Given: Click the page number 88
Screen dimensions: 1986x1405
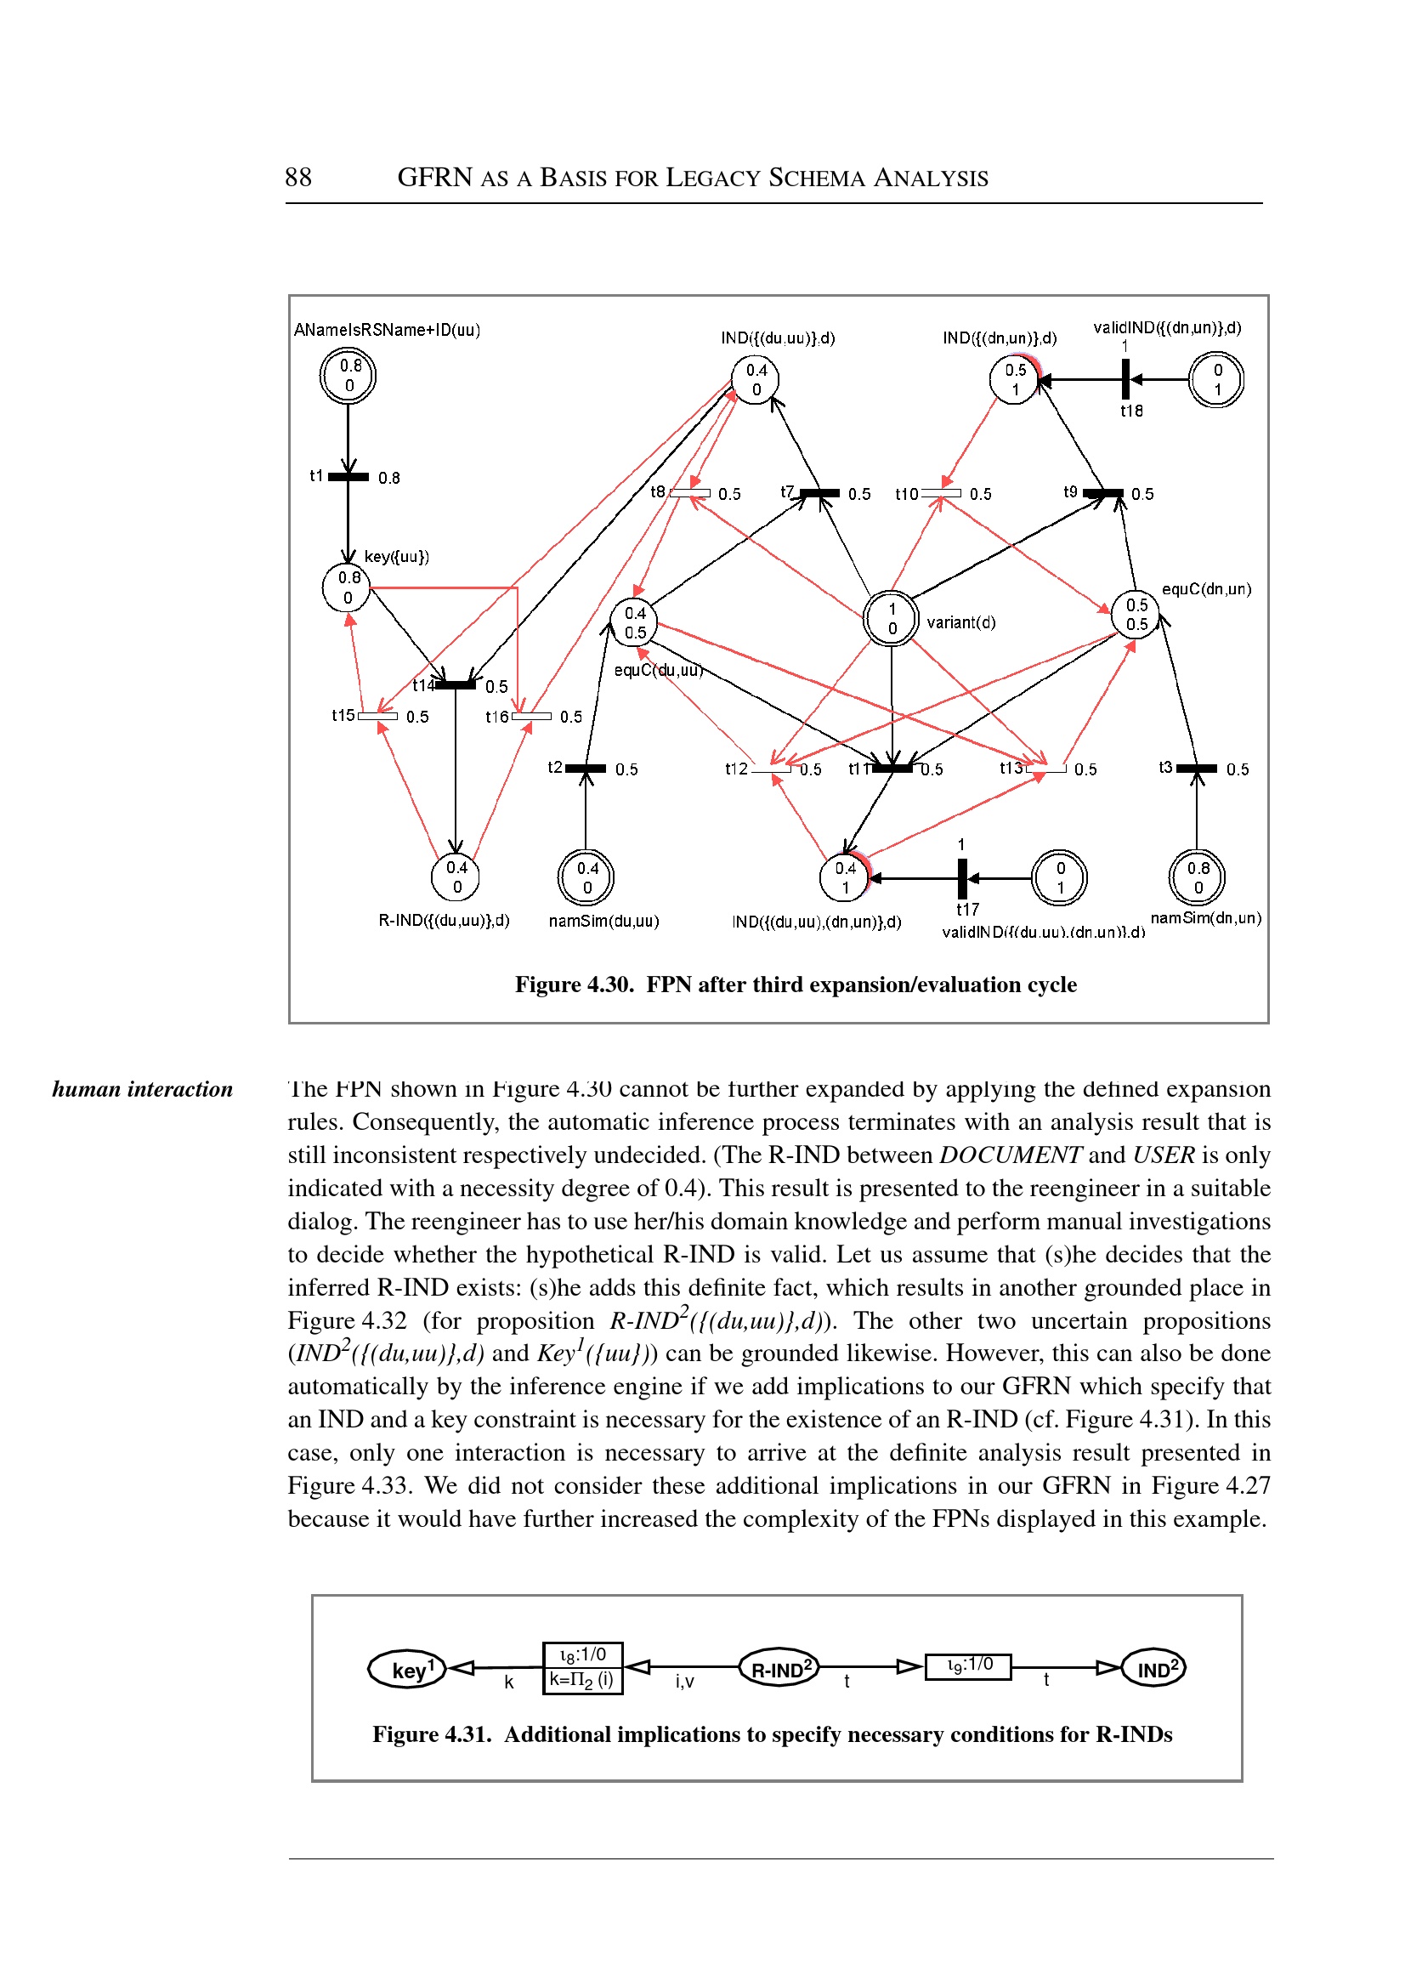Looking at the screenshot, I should pos(297,178).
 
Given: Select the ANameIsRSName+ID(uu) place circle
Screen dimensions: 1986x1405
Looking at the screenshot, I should pos(348,376).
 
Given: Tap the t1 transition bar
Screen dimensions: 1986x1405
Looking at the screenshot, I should pos(348,477).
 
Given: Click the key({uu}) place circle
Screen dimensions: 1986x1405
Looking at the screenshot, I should pos(347,587).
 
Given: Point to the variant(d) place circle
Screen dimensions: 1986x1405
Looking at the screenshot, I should pos(891,618).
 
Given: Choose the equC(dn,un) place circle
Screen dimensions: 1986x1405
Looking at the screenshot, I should pos(1135,615).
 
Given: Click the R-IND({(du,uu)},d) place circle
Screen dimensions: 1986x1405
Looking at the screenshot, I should pos(456,877).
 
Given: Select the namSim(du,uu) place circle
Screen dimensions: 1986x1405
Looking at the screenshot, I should pos(586,877).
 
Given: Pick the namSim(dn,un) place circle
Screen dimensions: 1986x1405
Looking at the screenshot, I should pos(1197,877).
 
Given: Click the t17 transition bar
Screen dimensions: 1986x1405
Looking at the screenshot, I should pos(962,878).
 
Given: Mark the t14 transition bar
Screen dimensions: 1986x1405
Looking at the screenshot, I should pos(456,685).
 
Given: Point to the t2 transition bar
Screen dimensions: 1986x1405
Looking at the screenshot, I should pos(586,769).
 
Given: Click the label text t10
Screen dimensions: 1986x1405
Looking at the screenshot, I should pos(906,494).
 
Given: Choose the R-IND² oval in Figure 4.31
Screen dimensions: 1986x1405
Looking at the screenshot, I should pos(779,1667).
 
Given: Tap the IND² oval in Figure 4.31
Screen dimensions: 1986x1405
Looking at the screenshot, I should pos(1153,1667).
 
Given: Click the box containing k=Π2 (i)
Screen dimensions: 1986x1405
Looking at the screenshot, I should pos(582,1680).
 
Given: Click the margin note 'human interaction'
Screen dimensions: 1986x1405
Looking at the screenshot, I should pos(143,1088).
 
